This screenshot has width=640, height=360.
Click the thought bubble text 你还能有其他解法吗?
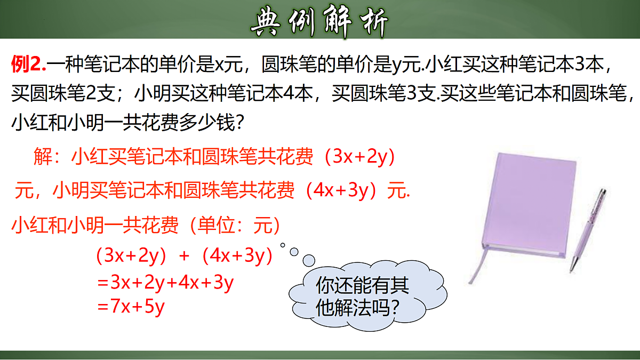tap(363, 296)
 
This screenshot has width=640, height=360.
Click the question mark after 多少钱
tap(240, 123)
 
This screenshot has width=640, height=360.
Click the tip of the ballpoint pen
tap(574, 269)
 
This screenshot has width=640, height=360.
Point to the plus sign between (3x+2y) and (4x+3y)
tap(185, 256)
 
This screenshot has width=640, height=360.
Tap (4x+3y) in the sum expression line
tap(237, 256)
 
